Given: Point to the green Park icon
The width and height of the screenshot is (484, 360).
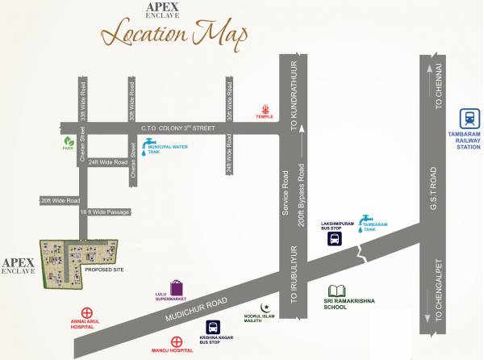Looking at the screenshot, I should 69,141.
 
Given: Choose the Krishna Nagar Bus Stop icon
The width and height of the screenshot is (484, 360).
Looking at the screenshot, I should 213,327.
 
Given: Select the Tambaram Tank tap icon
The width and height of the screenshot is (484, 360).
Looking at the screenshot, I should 366,218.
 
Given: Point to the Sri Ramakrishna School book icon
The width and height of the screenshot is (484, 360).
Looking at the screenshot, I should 338,291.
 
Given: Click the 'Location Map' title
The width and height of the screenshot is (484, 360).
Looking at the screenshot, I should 174,36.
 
